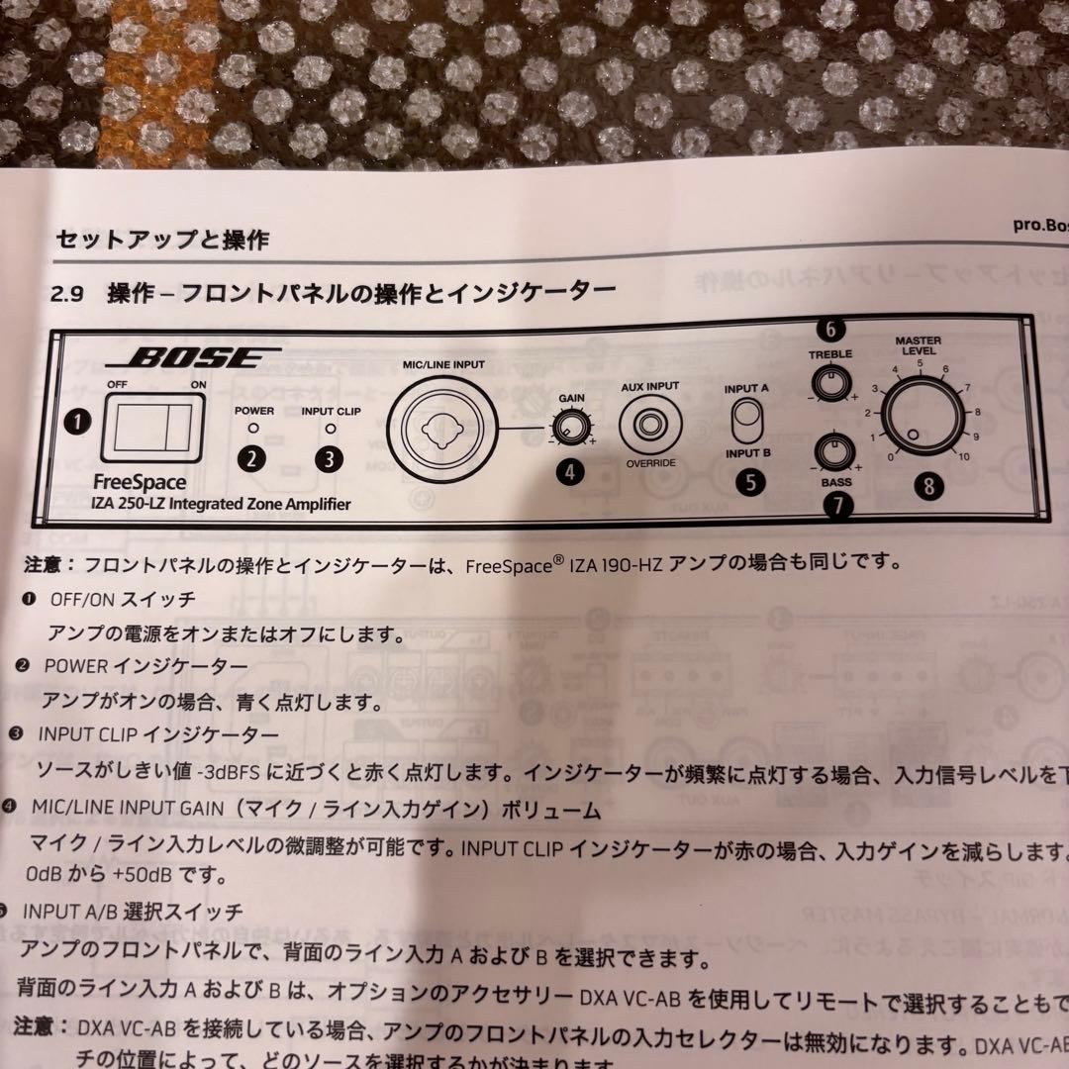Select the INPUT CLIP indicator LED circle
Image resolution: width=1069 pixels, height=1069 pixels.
point(330,430)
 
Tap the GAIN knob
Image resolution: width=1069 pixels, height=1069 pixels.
point(567,428)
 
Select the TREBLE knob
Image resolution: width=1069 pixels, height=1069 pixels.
point(830,381)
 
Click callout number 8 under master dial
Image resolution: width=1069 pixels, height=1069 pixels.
point(928,485)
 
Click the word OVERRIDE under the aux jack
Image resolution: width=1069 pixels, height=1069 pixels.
point(649,464)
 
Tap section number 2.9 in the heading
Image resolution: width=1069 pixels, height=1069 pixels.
point(71,293)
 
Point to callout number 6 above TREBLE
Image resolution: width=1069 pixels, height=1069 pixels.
point(829,329)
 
